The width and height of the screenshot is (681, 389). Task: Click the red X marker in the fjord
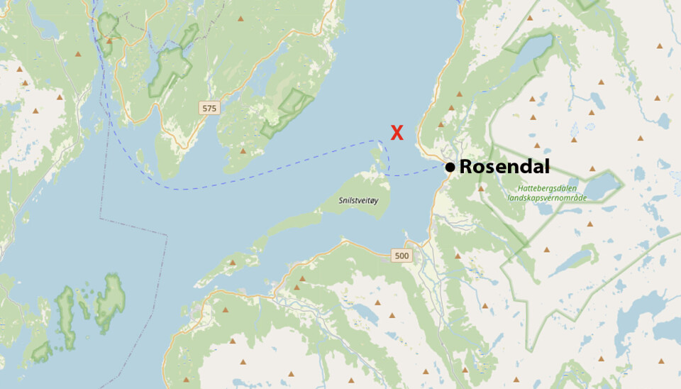(x=397, y=132)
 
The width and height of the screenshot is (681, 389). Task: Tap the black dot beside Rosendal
(x=450, y=168)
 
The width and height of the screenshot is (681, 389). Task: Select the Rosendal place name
(x=504, y=167)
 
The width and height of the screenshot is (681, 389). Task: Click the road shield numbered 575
(x=209, y=108)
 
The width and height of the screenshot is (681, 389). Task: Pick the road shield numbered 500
(x=402, y=256)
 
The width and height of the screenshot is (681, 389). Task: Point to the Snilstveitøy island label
(x=359, y=201)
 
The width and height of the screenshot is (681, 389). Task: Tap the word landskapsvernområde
(x=546, y=197)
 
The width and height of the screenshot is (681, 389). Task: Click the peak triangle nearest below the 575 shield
(x=243, y=151)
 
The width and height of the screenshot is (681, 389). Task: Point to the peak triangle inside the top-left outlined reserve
(x=109, y=40)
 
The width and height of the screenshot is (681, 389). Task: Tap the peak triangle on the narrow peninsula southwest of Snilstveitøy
(x=233, y=263)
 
